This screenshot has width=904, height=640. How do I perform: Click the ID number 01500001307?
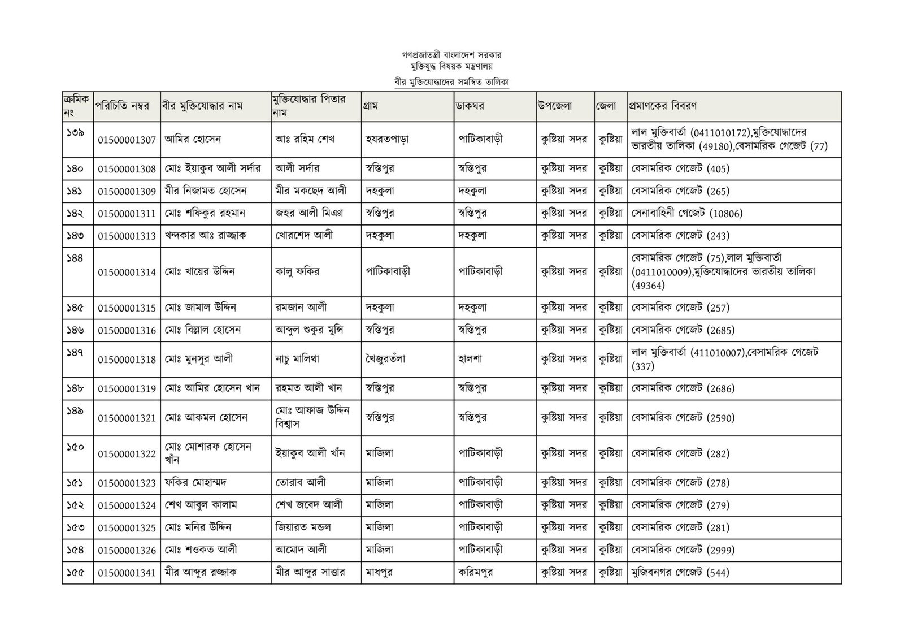pos(127,140)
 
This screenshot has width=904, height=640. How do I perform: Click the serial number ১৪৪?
pos(75,258)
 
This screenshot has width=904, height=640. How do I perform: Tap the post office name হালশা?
pos(470,358)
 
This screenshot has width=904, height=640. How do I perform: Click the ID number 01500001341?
pos(127,572)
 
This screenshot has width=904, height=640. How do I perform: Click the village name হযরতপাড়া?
pos(388,139)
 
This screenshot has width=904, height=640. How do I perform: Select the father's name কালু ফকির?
pos(297,271)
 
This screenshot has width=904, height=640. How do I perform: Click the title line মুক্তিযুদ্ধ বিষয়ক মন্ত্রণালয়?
pos(451,66)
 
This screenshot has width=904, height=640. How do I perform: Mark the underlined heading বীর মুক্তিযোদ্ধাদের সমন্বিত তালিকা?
pos(451,81)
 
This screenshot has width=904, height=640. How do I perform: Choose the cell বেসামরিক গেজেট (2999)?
pos(683,550)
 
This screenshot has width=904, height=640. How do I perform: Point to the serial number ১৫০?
pos(75,447)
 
